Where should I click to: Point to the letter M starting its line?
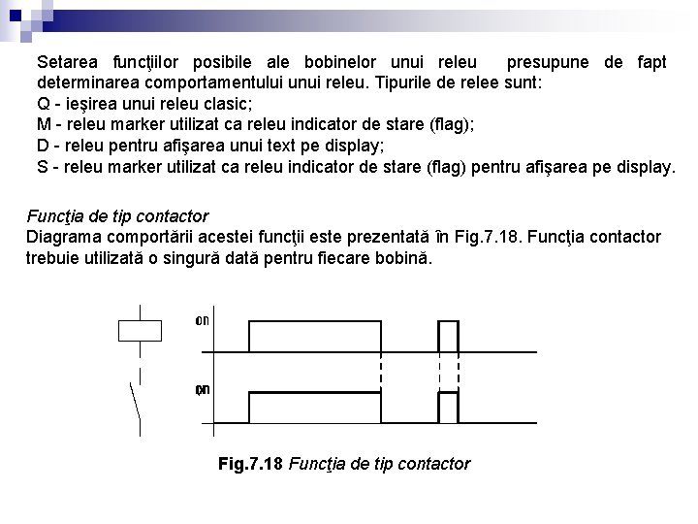point(45,125)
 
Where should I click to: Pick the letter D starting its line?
point(44,147)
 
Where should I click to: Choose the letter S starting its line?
point(44,168)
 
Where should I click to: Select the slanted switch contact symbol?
point(134,408)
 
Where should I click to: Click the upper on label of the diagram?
point(203,319)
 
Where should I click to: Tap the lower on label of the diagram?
point(203,390)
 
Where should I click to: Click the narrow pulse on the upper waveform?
point(448,336)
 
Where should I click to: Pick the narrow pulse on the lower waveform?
point(448,407)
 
